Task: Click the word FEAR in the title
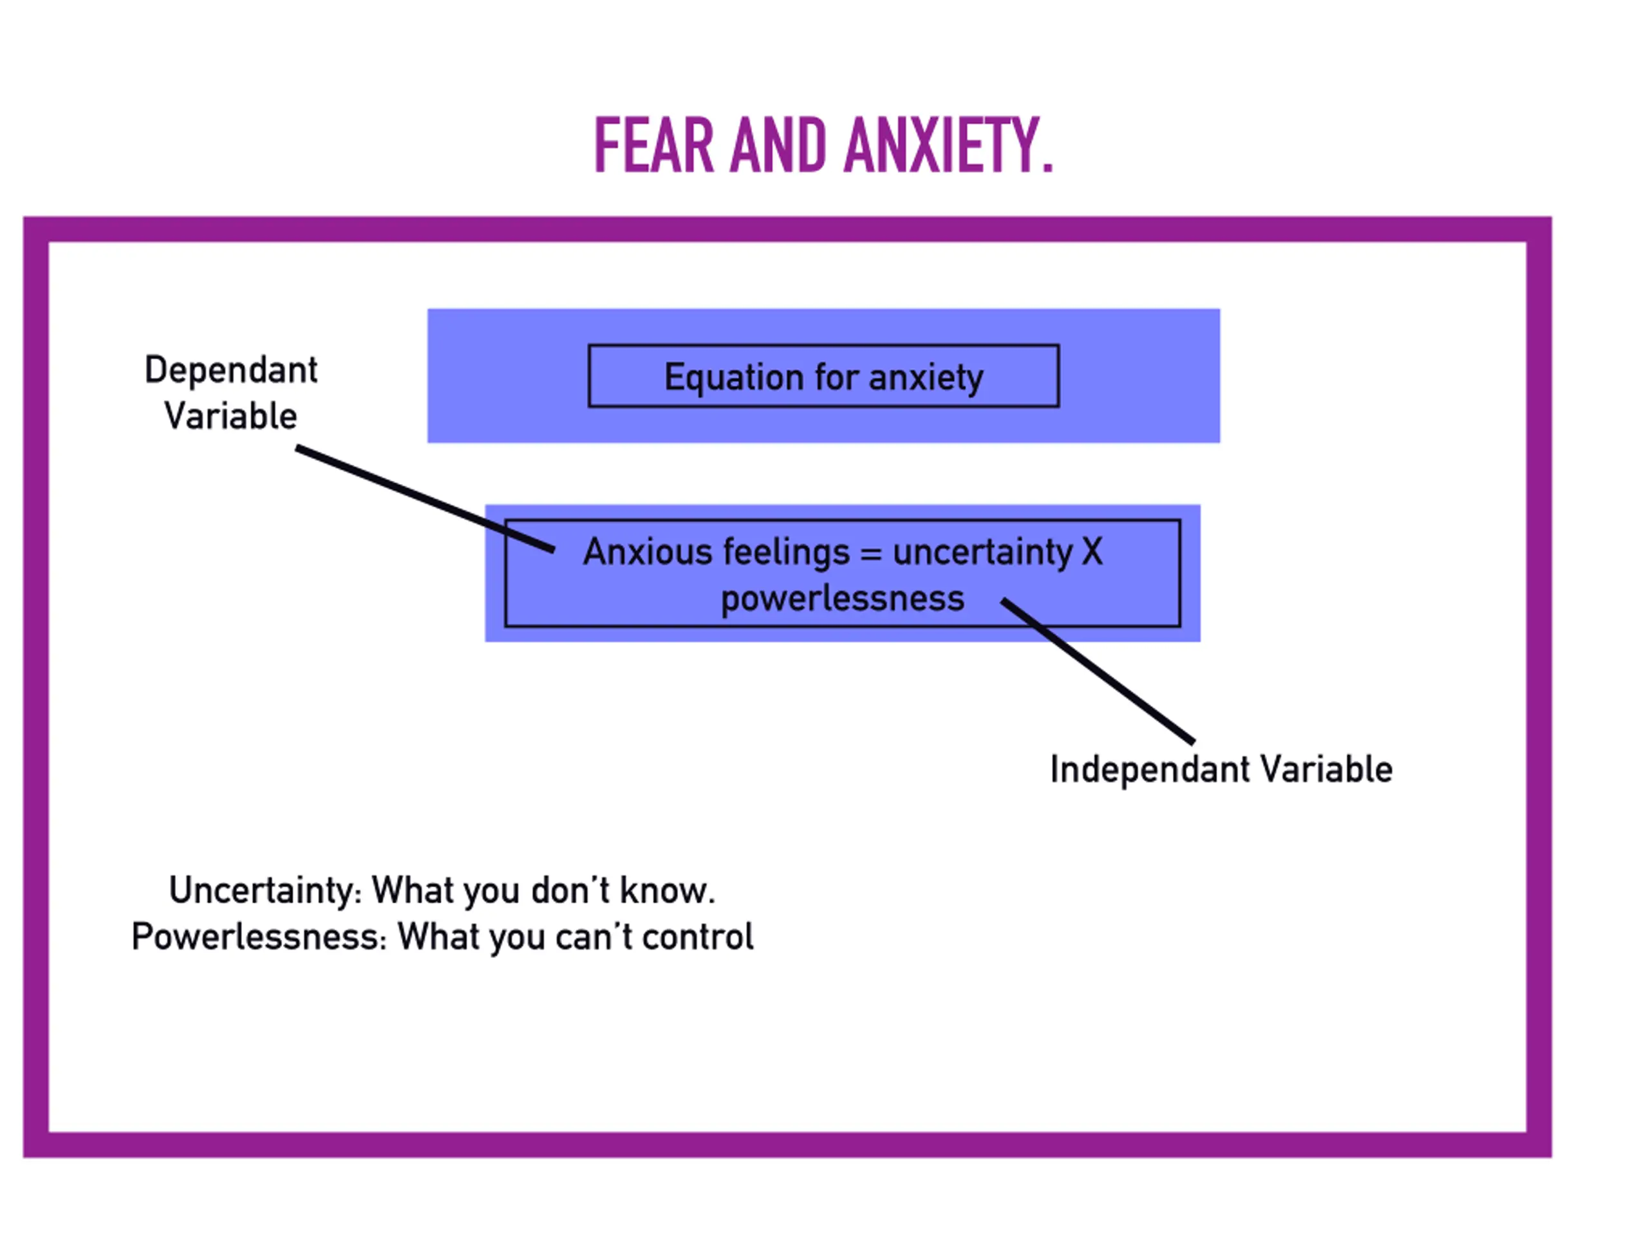pyautogui.click(x=653, y=146)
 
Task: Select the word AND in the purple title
pyautogui.click(x=778, y=146)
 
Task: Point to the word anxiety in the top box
pyautogui.click(x=926, y=378)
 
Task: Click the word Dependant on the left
pyautogui.click(x=231, y=370)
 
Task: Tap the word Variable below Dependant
pyautogui.click(x=231, y=416)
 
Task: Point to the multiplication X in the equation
pyautogui.click(x=1092, y=552)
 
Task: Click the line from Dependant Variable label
pyautogui.click(x=426, y=499)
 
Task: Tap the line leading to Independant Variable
pyautogui.click(x=1098, y=671)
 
